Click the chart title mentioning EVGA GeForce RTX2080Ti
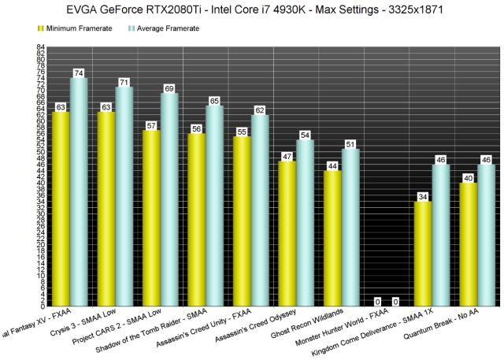pyautogui.click(x=252, y=9)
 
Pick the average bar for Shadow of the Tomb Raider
pyautogui.click(x=214, y=205)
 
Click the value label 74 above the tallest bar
pyautogui.click(x=79, y=72)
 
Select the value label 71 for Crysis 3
pyautogui.click(x=124, y=82)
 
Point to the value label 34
pyautogui.click(x=423, y=196)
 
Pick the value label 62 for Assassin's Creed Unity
pyautogui.click(x=260, y=109)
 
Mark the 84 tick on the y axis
pyautogui.click(x=39, y=47)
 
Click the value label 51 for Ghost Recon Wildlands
pyautogui.click(x=350, y=143)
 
